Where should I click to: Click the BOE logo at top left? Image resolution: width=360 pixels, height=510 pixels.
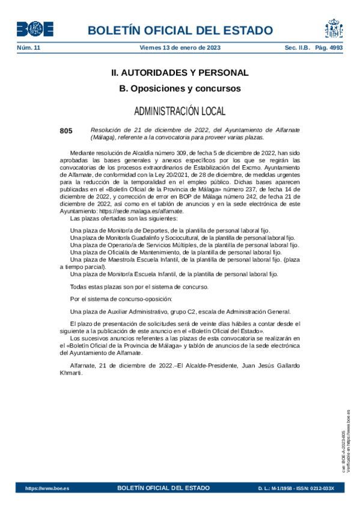35,29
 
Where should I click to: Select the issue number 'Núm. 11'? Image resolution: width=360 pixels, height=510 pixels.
28,48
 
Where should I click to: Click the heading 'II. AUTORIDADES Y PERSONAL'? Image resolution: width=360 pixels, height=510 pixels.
180,73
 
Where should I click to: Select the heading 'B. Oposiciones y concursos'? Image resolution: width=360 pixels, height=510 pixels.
180,88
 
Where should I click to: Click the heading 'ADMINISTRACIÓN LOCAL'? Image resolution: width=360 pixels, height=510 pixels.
180,111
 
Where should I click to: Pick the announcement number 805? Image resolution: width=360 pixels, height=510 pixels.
66,131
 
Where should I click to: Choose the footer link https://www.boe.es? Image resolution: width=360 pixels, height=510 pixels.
47,488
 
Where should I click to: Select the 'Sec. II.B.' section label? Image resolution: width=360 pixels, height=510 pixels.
297,48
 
